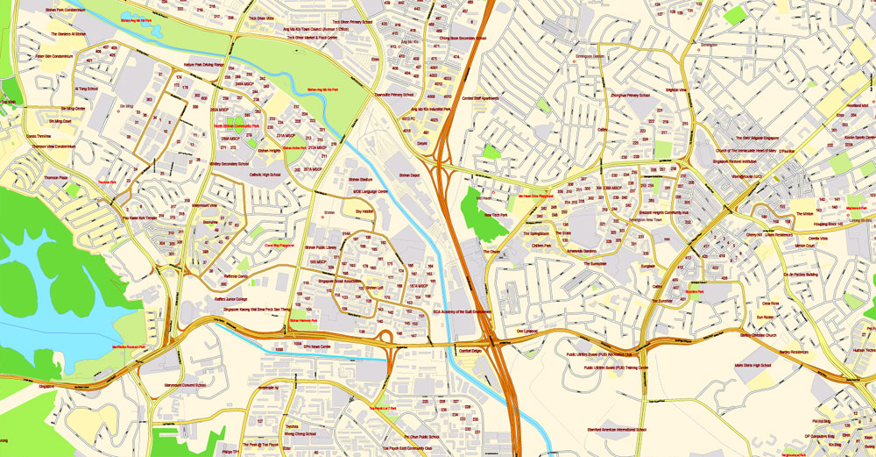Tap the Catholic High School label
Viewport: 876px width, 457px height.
coord(264,175)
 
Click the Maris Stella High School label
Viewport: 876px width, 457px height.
coord(752,363)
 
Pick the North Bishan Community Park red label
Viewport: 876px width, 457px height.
coord(236,125)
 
